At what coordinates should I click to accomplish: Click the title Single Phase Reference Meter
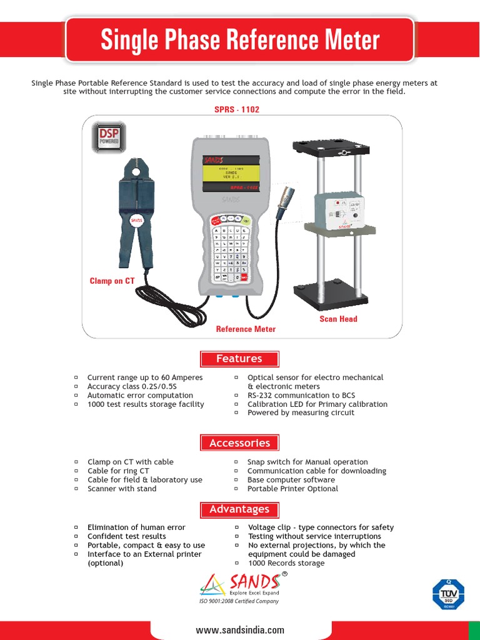click(x=240, y=40)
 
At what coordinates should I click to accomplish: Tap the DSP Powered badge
click(x=109, y=137)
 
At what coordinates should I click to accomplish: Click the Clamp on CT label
click(x=112, y=281)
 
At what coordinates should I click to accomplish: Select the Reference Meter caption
click(x=246, y=329)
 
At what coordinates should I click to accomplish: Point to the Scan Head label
click(x=338, y=319)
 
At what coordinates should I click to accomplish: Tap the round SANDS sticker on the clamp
click(x=136, y=220)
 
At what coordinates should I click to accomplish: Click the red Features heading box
click(x=239, y=359)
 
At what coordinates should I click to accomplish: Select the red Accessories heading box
click(x=239, y=443)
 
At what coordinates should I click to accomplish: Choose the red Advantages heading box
click(x=239, y=509)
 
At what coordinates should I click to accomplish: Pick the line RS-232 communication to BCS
click(x=301, y=396)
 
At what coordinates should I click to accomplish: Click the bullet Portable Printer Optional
click(x=292, y=489)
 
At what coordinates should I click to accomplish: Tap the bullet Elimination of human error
click(x=136, y=527)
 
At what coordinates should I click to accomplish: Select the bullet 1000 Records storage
click(x=286, y=563)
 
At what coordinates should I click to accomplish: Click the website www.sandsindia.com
click(x=240, y=630)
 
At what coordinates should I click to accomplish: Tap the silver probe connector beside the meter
click(x=286, y=200)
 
